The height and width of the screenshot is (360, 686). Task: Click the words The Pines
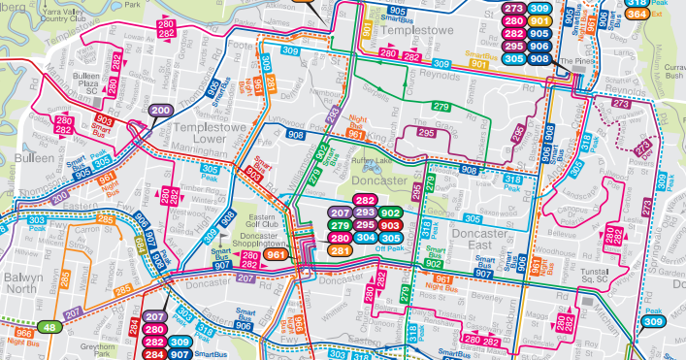(575, 60)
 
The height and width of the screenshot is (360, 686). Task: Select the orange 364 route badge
(637, 13)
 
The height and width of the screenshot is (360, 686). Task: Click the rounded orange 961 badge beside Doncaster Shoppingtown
(277, 255)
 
